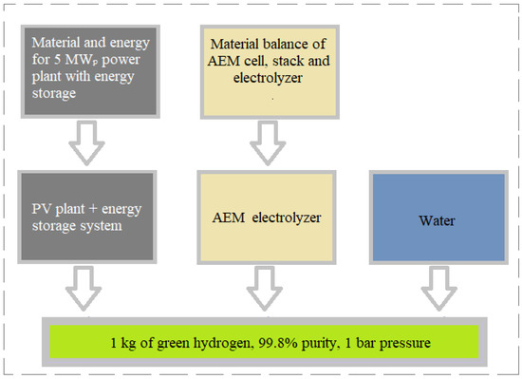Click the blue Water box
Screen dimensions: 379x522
click(x=436, y=219)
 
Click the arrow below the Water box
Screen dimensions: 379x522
click(x=436, y=287)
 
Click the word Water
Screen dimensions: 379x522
click(x=436, y=219)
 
